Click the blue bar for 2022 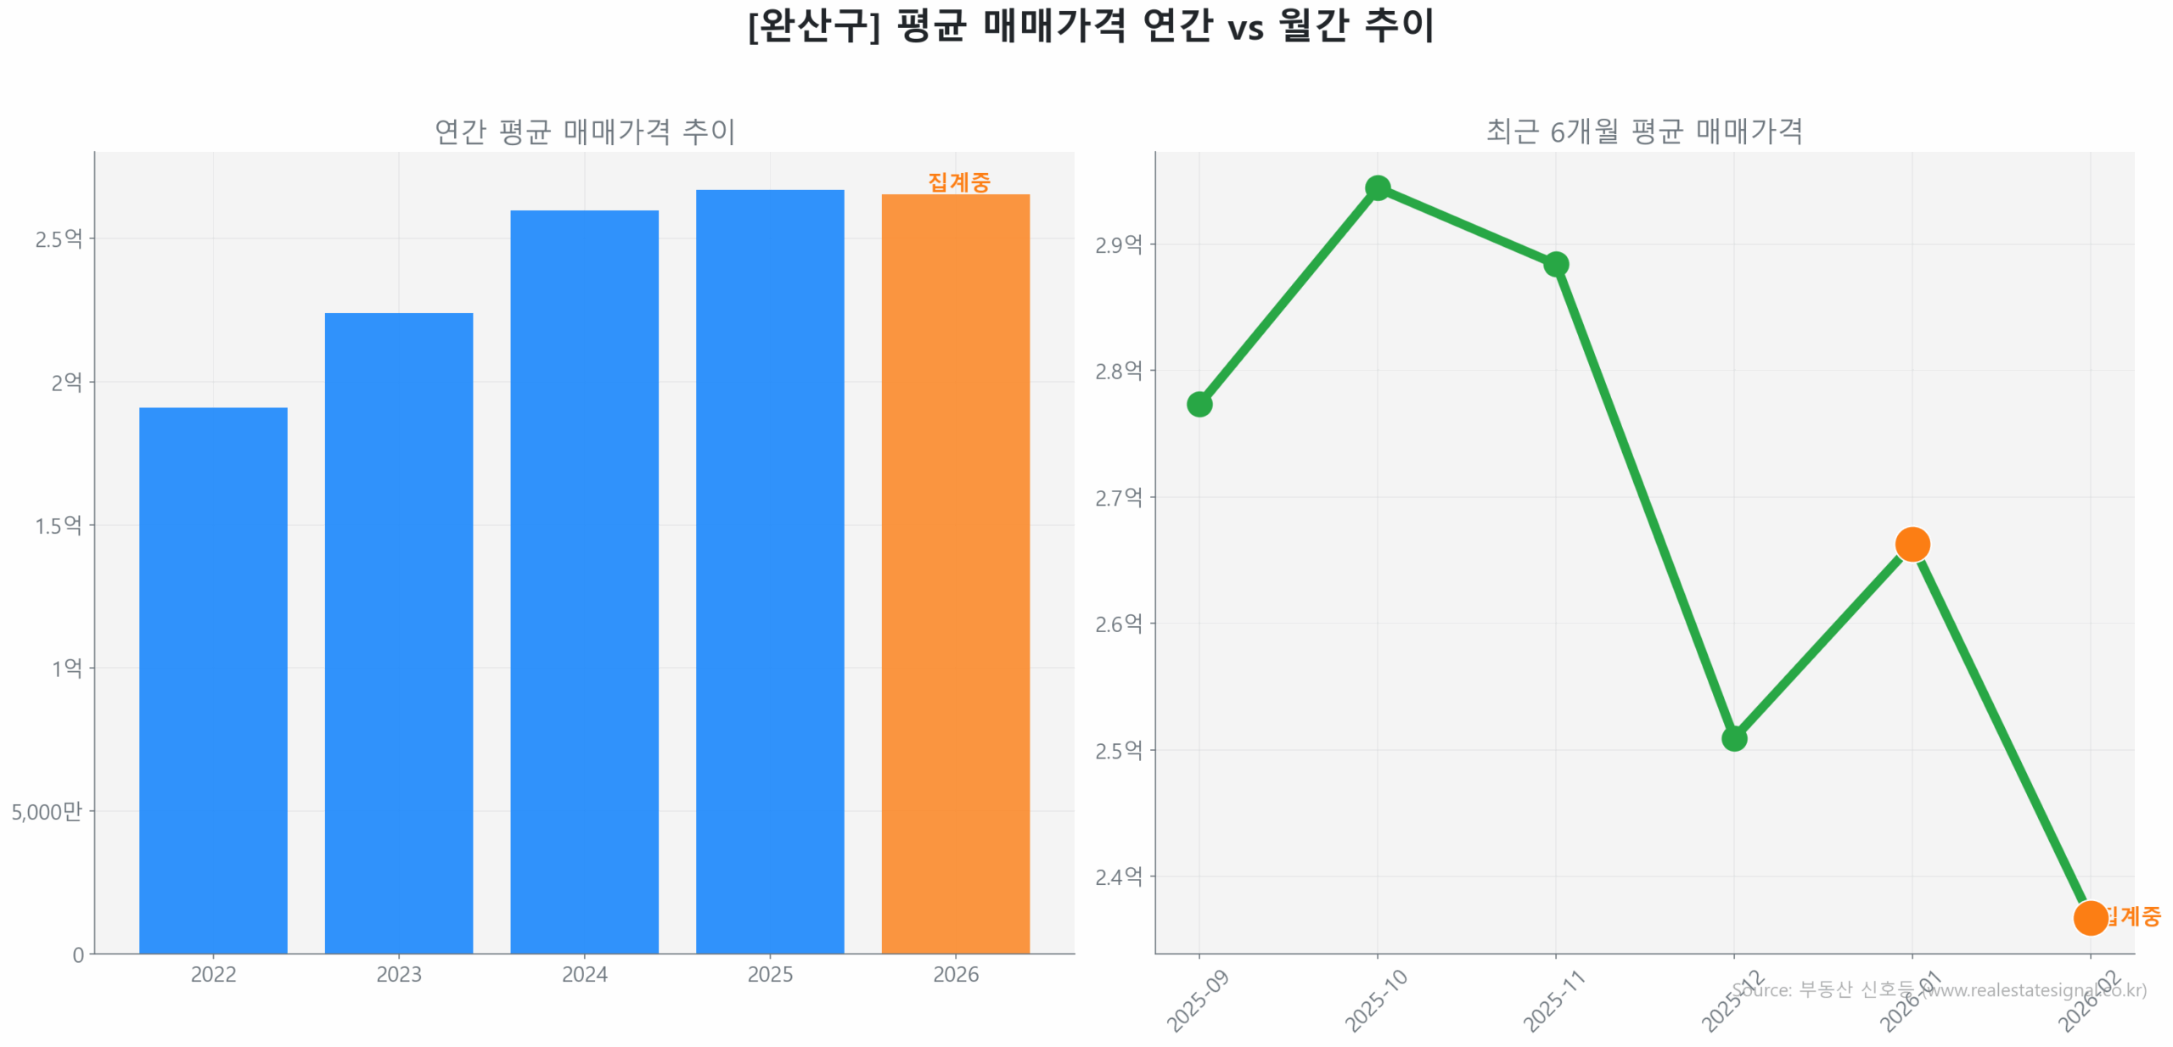click(213, 679)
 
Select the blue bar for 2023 click(398, 632)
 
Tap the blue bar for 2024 click(584, 580)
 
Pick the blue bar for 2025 click(769, 570)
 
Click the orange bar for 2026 click(955, 573)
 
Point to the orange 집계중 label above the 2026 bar click(958, 182)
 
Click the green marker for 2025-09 click(1199, 404)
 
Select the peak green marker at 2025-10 click(1377, 188)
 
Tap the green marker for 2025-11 click(1555, 264)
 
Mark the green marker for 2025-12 click(1733, 738)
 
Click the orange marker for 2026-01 click(1912, 544)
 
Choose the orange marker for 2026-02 click(2089, 917)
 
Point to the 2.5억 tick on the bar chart click(59, 238)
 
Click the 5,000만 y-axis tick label click(47, 811)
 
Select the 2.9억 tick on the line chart click(1118, 244)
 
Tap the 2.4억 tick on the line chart click(1118, 876)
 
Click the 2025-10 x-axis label click(1375, 1000)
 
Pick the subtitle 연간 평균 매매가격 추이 click(584, 132)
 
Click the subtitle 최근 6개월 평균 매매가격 click(1643, 132)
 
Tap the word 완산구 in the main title click(812, 25)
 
